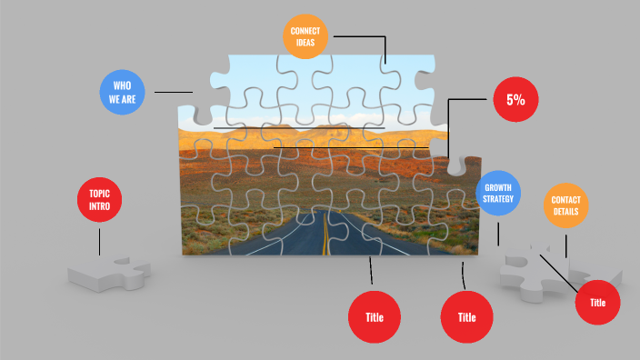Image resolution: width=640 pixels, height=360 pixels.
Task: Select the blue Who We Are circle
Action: (x=123, y=92)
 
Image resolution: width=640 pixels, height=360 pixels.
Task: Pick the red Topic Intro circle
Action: (x=99, y=199)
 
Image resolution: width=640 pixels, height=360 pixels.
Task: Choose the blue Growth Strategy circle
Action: (x=498, y=194)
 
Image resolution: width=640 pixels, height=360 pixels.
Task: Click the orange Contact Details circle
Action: (x=565, y=206)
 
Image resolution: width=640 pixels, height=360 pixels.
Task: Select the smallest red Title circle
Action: (x=597, y=302)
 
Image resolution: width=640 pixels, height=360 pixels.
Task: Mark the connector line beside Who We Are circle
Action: (x=173, y=92)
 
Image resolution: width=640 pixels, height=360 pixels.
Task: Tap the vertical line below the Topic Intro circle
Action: (x=99, y=240)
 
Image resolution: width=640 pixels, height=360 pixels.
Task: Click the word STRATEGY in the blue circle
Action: (x=498, y=199)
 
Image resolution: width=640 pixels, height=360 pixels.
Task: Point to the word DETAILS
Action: (x=565, y=213)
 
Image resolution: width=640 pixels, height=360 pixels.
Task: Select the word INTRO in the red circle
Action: (x=99, y=205)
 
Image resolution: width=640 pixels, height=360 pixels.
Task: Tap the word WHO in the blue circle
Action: (x=123, y=85)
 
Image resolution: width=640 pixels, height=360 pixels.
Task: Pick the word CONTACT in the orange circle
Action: (x=565, y=200)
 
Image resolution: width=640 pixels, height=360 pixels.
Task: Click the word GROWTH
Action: (x=498, y=187)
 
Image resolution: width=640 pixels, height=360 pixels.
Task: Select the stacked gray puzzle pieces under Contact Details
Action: (x=545, y=273)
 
